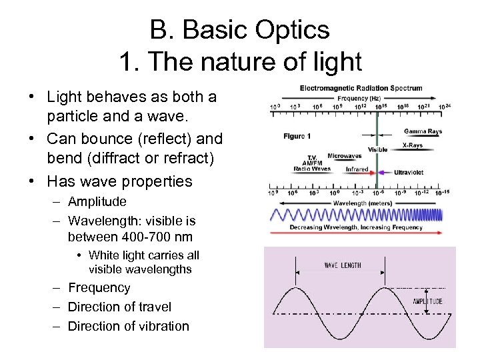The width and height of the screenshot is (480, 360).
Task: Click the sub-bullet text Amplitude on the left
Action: (x=97, y=201)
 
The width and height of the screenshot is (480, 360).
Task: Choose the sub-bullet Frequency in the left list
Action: (x=99, y=288)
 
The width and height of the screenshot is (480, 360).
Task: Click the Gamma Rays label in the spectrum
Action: (x=423, y=131)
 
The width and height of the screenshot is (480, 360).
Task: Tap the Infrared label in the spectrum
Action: (x=356, y=169)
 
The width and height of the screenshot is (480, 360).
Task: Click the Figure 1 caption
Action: (x=297, y=136)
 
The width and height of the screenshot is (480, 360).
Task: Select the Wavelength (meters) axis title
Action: (x=362, y=202)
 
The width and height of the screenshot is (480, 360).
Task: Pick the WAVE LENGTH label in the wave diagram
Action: (x=343, y=265)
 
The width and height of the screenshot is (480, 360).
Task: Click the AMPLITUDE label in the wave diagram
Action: (x=427, y=301)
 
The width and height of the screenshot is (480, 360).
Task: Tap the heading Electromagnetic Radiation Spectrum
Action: (x=361, y=88)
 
